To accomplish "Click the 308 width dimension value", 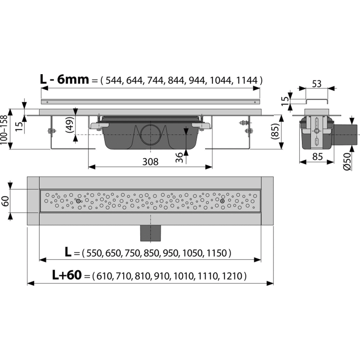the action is coord(150,162).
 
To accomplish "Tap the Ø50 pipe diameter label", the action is coord(347,161).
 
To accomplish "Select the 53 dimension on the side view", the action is coord(316,84).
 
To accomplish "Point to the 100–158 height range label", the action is coord(4,130).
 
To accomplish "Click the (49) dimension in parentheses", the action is coord(70,125).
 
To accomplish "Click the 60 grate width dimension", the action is coord(5,201).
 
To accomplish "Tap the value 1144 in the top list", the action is coord(247,80).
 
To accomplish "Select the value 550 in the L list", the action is coord(94,253).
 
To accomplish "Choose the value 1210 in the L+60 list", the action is coord(232,276).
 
